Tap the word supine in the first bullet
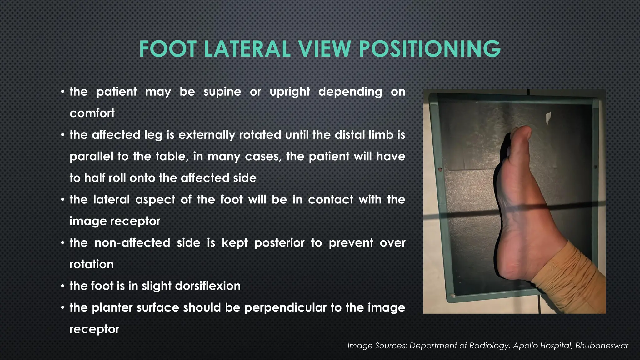point(222,92)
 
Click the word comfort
point(92,113)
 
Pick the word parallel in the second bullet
point(91,156)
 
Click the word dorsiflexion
point(208,286)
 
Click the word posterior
point(279,243)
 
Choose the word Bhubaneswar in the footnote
point(602,346)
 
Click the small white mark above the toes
point(548,118)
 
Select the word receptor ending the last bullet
point(94,329)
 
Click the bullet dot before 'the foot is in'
point(63,286)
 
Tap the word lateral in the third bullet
point(111,200)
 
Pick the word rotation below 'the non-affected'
point(91,264)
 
